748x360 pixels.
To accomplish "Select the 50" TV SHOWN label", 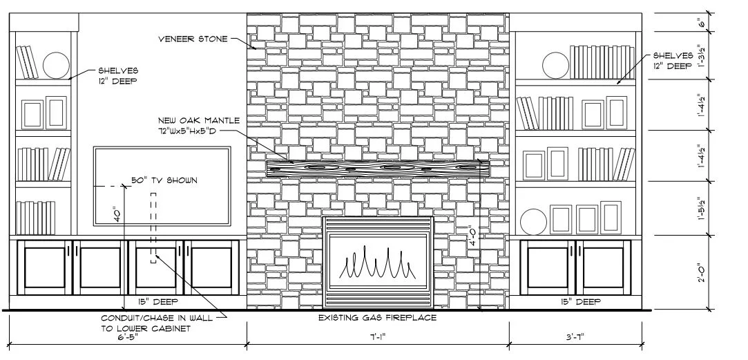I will pyautogui.click(x=164, y=180).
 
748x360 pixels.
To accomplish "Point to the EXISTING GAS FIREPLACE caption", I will pyautogui.click(x=377, y=318).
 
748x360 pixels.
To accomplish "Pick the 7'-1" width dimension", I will pyautogui.click(x=377, y=339).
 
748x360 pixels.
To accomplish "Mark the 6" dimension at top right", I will pyautogui.click(x=702, y=23).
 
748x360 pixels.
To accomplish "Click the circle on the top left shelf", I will pyautogui.click(x=57, y=66).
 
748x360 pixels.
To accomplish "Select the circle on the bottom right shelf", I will pyautogui.click(x=533, y=222).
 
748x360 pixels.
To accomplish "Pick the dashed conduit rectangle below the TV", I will pyautogui.click(x=153, y=227).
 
